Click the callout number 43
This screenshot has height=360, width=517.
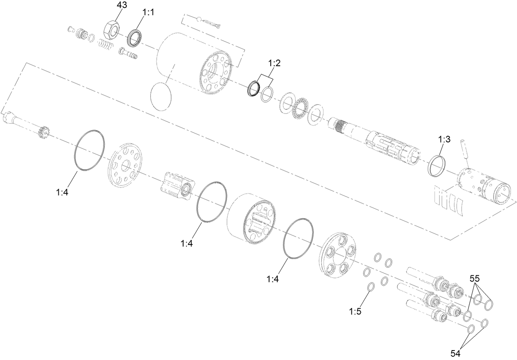pyautogui.click(x=122, y=6)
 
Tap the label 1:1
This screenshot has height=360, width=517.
pyautogui.click(x=148, y=13)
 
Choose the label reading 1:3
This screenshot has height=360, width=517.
pyautogui.click(x=444, y=139)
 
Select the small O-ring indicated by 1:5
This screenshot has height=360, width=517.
pyautogui.click(x=370, y=287)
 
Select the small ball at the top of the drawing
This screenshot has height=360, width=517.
pyautogui.click(x=199, y=19)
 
